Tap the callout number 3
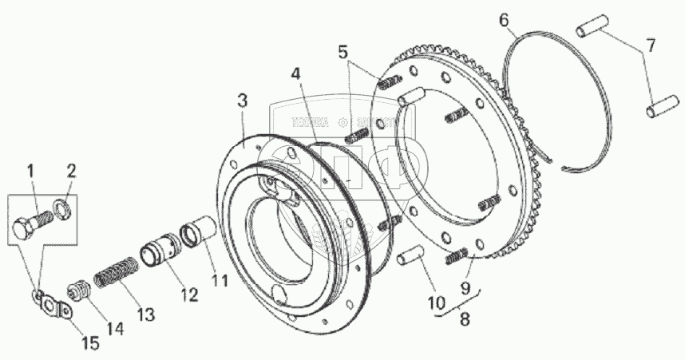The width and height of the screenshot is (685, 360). click(242, 101)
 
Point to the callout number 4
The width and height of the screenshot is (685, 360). click(296, 74)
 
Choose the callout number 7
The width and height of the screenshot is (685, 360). click(651, 46)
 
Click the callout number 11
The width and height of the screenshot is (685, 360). click(220, 281)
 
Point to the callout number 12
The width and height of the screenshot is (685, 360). click(188, 295)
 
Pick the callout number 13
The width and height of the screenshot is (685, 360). click(145, 314)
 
